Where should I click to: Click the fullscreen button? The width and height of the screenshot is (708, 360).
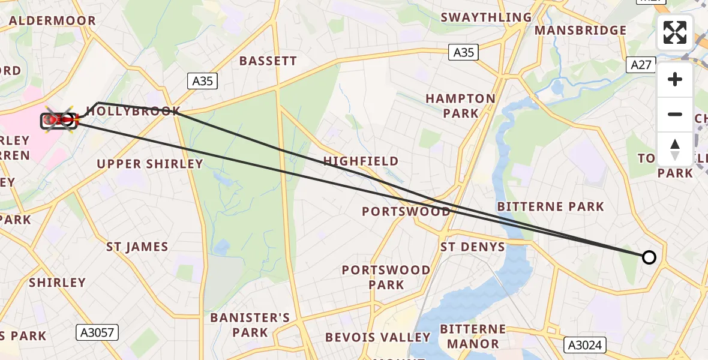tap(675, 32)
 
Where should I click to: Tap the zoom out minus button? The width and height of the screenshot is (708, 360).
tap(675, 114)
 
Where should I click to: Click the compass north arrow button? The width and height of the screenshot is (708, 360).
tap(675, 149)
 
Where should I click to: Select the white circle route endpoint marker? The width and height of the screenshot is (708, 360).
tap(649, 257)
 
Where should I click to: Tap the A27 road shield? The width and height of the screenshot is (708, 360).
tap(641, 65)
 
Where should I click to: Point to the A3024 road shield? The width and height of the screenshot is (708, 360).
tap(586, 345)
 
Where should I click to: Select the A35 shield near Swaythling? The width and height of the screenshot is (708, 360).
tap(463, 53)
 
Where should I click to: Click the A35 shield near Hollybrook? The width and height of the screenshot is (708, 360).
tap(203, 81)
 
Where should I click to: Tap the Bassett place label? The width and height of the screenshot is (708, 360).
tap(268, 61)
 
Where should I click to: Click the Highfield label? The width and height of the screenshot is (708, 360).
tap(361, 161)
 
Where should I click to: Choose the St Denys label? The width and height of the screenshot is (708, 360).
tap(473, 247)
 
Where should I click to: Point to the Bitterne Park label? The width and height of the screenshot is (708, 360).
tap(551, 206)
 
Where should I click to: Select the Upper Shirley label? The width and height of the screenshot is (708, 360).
tap(150, 164)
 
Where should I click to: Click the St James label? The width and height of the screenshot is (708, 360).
tap(137, 247)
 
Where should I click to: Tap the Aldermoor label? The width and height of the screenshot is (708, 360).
tap(53, 20)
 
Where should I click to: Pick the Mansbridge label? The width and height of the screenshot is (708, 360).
tap(580, 30)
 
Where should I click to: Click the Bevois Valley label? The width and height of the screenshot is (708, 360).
tap(377, 337)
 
